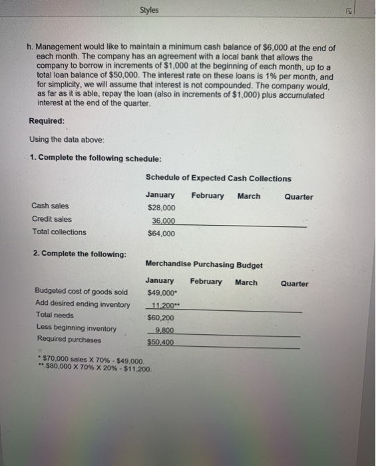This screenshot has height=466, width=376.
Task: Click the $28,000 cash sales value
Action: pyautogui.click(x=160, y=208)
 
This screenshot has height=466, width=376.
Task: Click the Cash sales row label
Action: pyautogui.click(x=50, y=206)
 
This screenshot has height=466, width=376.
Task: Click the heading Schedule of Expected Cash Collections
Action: pyautogui.click(x=218, y=178)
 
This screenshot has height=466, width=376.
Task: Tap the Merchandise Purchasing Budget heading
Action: pyautogui.click(x=204, y=265)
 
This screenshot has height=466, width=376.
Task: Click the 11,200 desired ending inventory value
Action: pyautogui.click(x=163, y=305)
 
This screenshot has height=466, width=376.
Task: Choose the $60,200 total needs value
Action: pyautogui.click(x=160, y=318)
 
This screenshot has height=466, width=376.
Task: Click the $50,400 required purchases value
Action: pyautogui.click(x=161, y=342)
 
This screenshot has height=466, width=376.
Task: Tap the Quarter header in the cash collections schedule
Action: pyautogui.click(x=298, y=196)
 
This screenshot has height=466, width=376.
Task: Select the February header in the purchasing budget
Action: pyautogui.click(x=206, y=282)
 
